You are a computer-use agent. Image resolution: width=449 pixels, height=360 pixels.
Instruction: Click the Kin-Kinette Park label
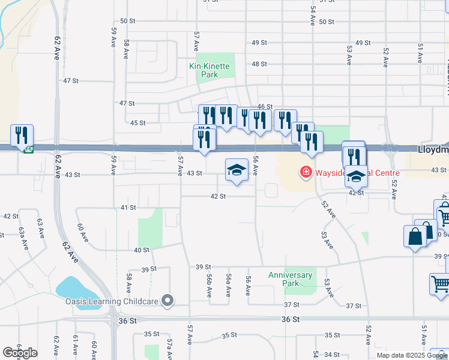pos(209,71)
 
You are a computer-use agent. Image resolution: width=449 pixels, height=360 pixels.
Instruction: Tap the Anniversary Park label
pos(291,279)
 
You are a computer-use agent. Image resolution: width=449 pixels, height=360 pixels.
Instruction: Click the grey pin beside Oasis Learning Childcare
pos(167,301)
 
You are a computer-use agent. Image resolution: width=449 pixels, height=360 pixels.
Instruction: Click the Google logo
pos(20,353)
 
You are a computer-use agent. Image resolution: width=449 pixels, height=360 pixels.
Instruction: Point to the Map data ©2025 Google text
pos(412,355)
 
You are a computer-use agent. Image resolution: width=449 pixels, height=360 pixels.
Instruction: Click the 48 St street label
pos(259,64)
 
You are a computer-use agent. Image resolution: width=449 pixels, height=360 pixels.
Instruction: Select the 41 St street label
pos(128,207)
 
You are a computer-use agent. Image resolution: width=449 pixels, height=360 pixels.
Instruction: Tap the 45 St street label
pos(138,122)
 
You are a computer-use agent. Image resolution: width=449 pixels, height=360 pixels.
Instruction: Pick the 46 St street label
pos(265,106)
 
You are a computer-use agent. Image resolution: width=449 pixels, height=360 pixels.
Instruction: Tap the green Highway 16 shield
pos(28,149)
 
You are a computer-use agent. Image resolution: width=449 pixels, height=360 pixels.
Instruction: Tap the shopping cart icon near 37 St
pos(440,283)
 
